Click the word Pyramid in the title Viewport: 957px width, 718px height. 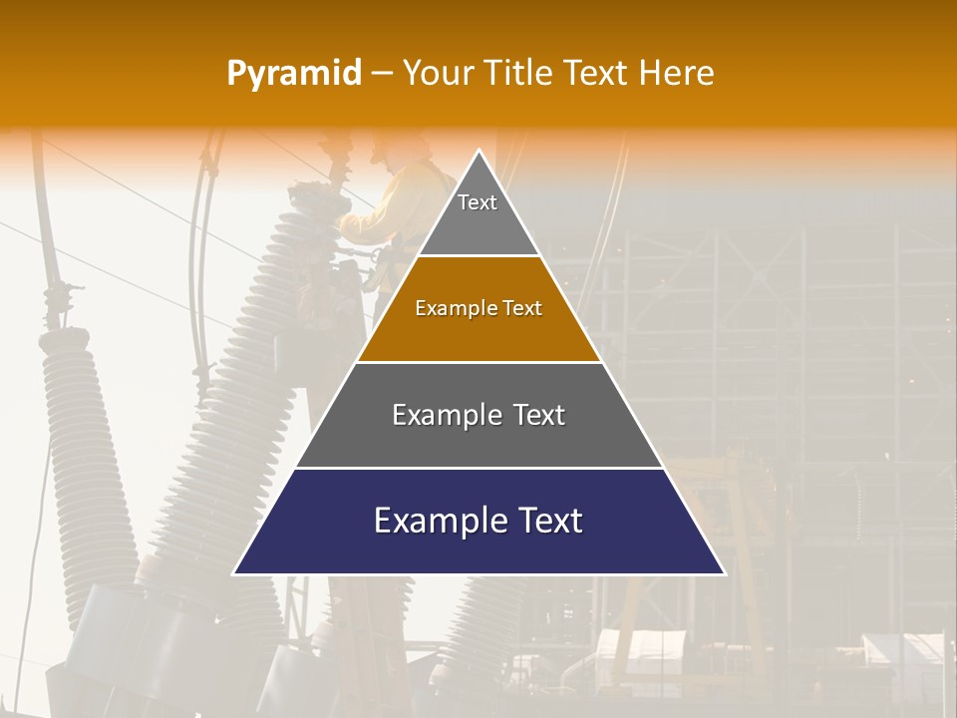pos(293,74)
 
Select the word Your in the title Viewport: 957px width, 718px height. pos(436,73)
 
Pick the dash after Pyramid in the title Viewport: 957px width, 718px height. pos(382,74)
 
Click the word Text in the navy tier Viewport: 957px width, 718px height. pos(548,521)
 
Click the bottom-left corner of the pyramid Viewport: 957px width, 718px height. pos(234,573)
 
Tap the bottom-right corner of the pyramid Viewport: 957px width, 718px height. pos(724,573)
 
